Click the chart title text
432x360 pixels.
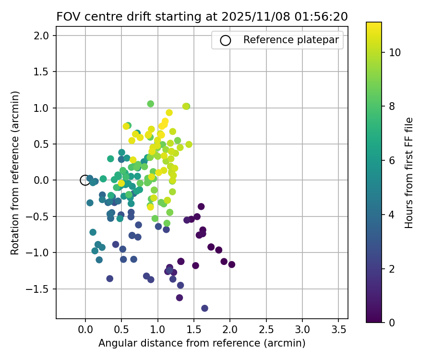tap(202, 17)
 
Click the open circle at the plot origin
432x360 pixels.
tap(85, 180)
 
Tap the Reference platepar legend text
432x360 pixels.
tap(291, 40)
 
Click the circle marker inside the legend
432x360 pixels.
tap(225, 40)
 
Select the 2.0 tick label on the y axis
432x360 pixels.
tap(43, 36)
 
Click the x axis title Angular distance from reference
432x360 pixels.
tap(202, 343)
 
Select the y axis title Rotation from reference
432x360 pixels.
tap(15, 173)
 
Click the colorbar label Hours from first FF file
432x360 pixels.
tap(409, 173)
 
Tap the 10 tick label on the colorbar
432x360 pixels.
tap(395, 53)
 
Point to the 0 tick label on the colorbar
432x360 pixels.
tap(392, 323)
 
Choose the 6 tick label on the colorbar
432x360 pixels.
tap(392, 161)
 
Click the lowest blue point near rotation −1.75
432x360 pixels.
tap(204, 308)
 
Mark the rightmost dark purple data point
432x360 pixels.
tap(232, 264)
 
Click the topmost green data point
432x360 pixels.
tap(151, 104)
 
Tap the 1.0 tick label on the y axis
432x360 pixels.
tap(43, 108)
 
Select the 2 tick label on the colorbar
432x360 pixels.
tap(392, 269)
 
